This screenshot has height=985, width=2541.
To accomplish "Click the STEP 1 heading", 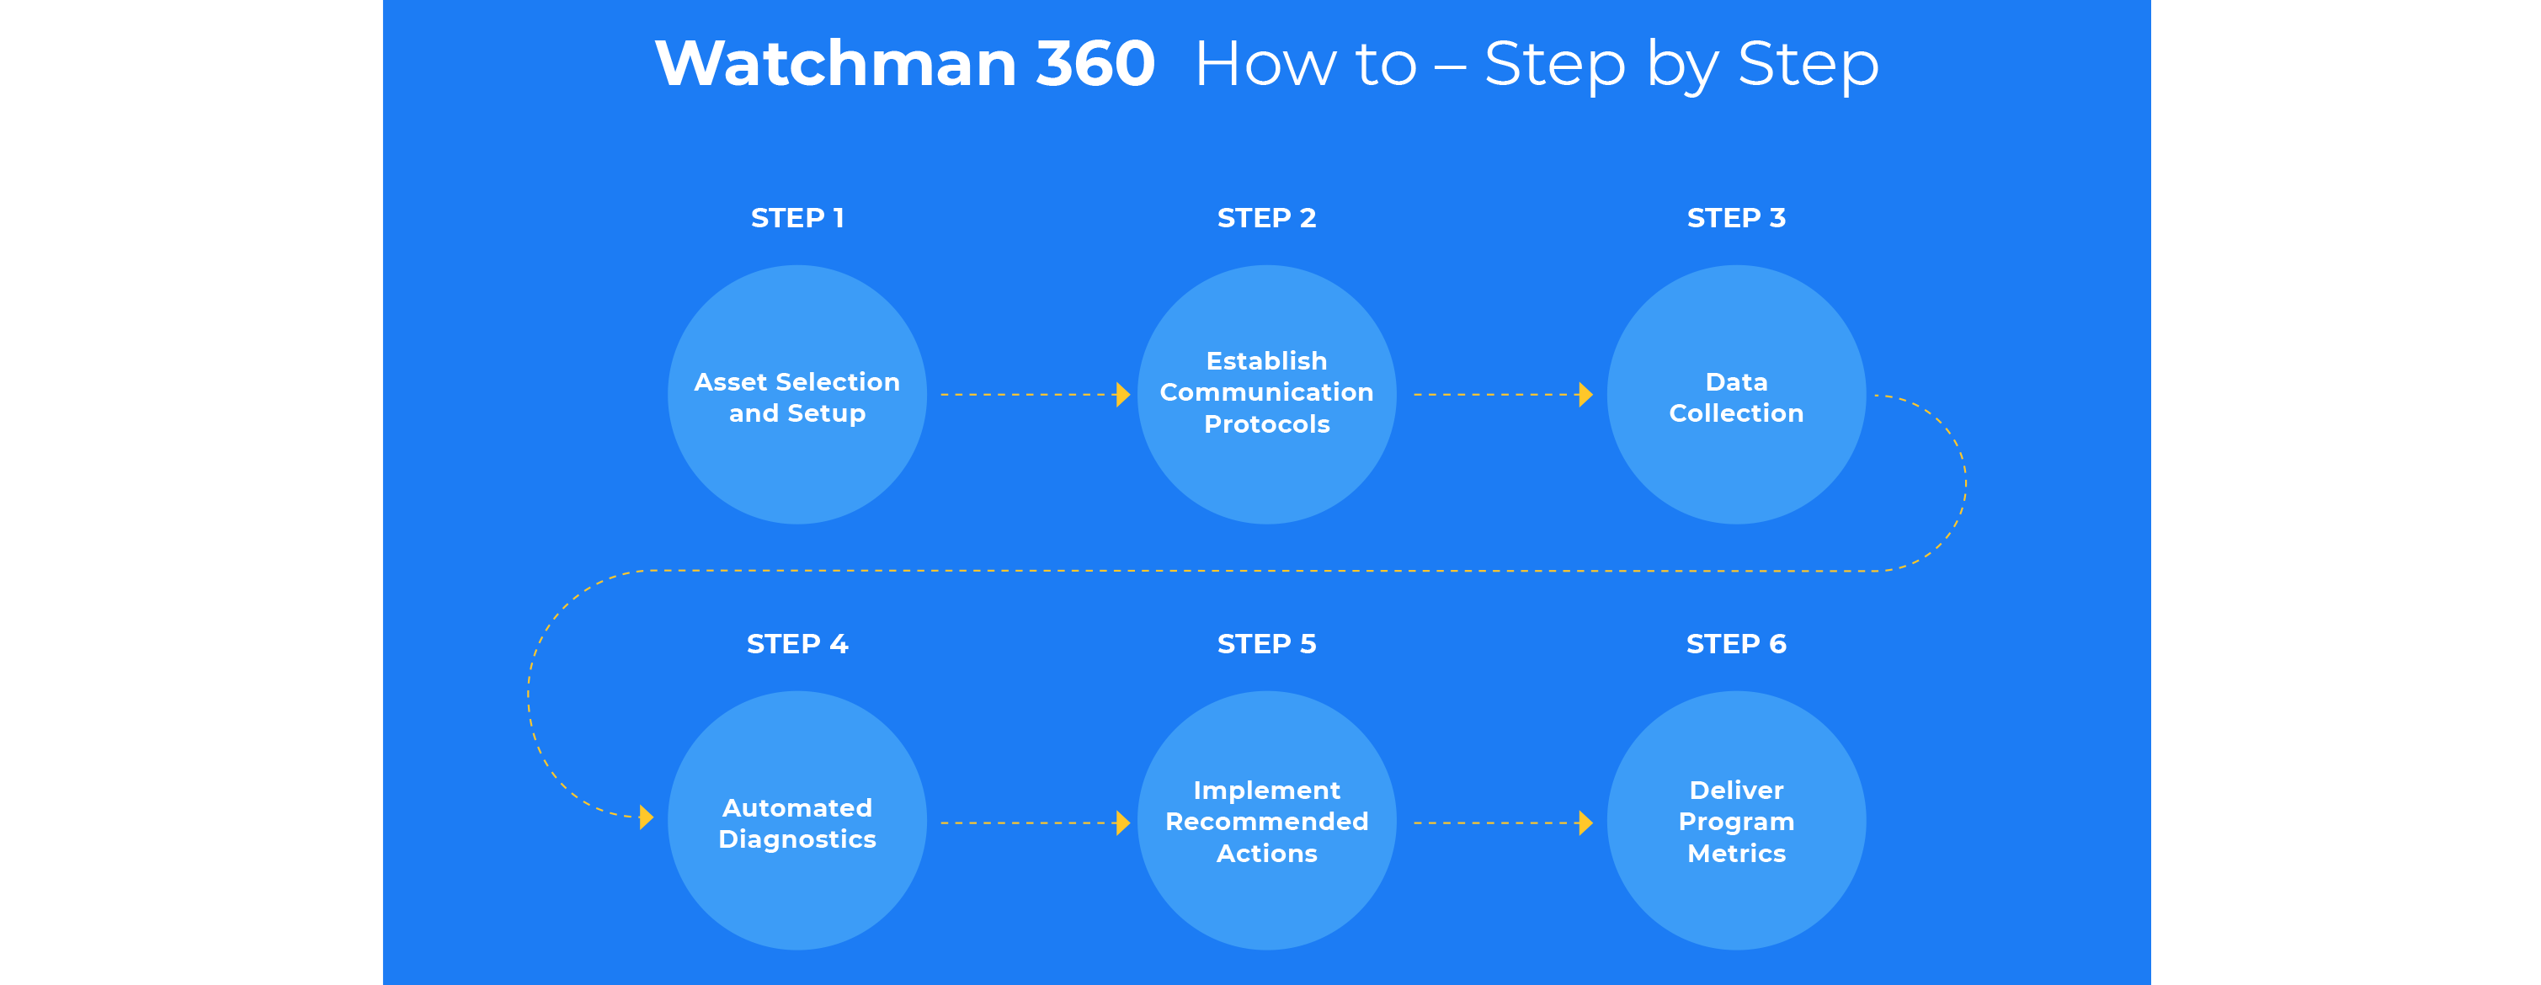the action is tap(797, 218).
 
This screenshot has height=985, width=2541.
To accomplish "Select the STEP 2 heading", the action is tap(1266, 218).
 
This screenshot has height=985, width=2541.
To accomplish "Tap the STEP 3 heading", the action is tap(1736, 218).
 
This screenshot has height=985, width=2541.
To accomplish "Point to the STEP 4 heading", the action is tap(797, 644).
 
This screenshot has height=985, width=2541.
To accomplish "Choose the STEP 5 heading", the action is tap(1266, 644).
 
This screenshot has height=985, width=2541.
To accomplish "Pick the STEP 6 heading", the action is tap(1736, 644).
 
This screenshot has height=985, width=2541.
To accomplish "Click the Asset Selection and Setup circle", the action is tap(797, 394).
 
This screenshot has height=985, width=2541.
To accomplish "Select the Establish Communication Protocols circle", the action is tap(1266, 394).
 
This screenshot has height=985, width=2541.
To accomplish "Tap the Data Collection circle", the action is tap(1736, 394).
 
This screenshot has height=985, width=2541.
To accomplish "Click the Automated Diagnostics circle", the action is tap(797, 820).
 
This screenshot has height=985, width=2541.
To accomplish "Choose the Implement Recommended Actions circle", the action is tap(1266, 820).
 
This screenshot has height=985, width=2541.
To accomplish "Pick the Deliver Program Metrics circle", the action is tap(1736, 820).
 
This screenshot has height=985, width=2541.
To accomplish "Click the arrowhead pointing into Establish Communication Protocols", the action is tap(1122, 394).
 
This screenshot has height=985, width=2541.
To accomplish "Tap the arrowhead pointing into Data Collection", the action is tap(1585, 394).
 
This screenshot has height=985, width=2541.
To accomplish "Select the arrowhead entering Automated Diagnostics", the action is tap(646, 817).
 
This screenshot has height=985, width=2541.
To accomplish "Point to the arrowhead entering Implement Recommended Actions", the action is tap(1122, 823).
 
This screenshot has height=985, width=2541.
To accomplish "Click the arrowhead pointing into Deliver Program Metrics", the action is tap(1585, 823).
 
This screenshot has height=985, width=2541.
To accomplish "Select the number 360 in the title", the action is tap(1095, 64).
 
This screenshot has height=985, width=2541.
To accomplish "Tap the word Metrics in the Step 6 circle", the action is tap(1736, 853).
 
